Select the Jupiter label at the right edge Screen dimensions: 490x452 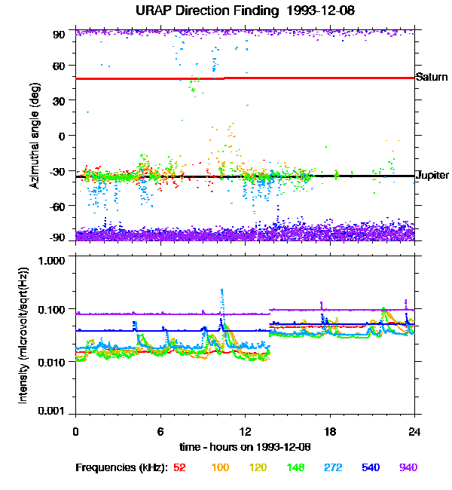(432, 176)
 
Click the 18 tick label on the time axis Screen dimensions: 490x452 (330, 431)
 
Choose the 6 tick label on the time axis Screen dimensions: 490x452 (160, 431)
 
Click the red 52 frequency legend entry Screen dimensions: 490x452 (179, 467)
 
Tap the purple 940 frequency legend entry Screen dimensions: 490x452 (408, 467)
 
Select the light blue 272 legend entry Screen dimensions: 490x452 (331, 467)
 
